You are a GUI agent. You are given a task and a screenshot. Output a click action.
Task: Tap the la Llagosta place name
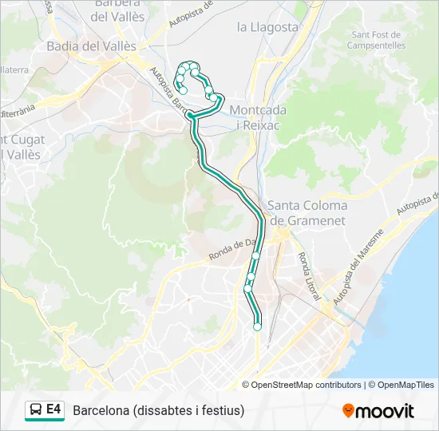tap(267, 27)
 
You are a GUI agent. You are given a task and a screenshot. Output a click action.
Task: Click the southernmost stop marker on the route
tap(257, 326)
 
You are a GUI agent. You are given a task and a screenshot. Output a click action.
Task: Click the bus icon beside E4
tap(36, 410)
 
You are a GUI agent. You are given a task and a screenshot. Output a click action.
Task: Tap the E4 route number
tap(53, 410)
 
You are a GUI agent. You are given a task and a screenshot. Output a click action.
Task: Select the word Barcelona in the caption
tap(102, 411)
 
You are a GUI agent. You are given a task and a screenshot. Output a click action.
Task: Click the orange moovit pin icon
tap(348, 410)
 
